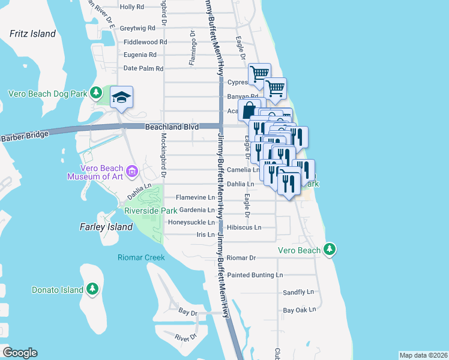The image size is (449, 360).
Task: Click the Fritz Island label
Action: coord(32,34)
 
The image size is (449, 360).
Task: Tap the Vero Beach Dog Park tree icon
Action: coord(95,92)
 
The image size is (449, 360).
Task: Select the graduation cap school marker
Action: coord(121,98)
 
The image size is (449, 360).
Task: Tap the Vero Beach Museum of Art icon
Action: coord(132,172)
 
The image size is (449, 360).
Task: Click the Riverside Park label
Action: coord(151,211)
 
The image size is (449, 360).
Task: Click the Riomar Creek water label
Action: coord(140,257)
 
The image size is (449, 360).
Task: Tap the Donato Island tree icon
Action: coord(92,290)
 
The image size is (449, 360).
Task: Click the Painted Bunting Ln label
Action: coord(255,275)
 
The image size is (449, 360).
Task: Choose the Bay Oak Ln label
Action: coord(299,310)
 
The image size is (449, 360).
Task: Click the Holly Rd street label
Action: coord(132,7)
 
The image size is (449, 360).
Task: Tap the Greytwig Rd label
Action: coord(138,28)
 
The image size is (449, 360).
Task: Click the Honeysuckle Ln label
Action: coord(191,222)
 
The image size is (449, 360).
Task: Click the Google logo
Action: coord(20,353)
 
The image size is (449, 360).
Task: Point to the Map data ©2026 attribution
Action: coord(423,355)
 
